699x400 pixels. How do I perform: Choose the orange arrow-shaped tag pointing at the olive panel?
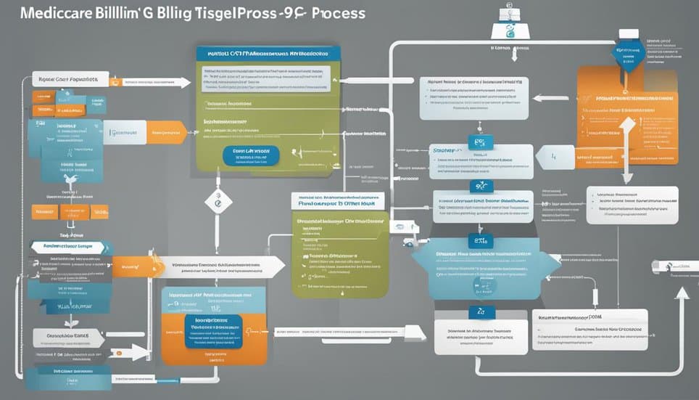pos(165,131)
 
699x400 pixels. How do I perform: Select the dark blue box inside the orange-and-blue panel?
pos(212,331)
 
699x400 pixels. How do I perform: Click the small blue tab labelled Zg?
pos(480,311)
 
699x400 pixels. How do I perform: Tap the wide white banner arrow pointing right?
pos(218,267)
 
